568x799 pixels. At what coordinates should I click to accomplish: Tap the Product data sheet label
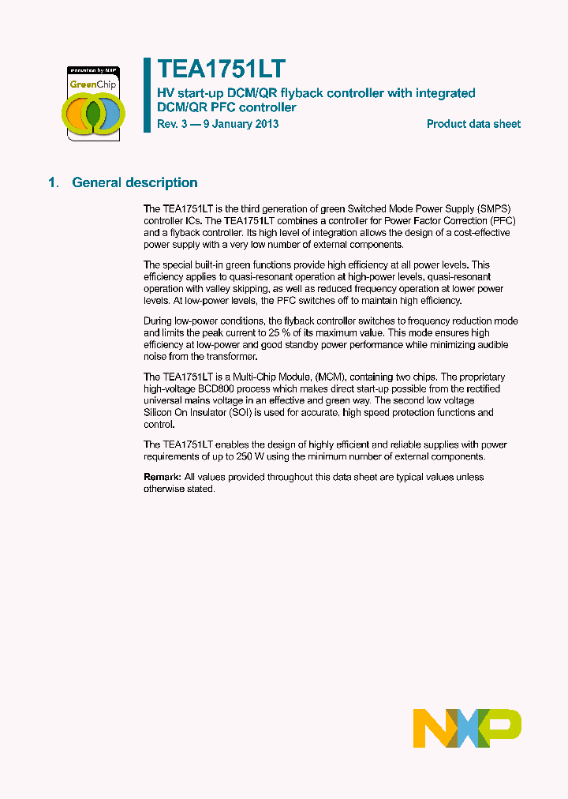(x=473, y=124)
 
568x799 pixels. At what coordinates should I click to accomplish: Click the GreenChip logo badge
(x=92, y=103)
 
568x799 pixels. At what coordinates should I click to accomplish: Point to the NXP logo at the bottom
(x=467, y=728)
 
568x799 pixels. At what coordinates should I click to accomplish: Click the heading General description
(x=135, y=183)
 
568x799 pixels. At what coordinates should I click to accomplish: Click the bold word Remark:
(x=162, y=478)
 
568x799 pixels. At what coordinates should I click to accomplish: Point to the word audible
(x=491, y=345)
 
